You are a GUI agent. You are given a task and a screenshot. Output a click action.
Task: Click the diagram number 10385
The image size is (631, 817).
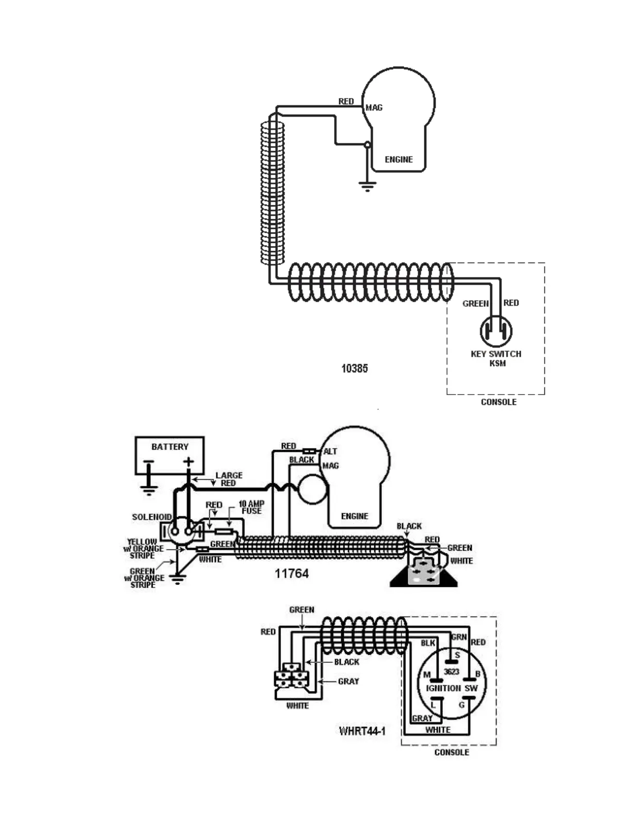(x=354, y=368)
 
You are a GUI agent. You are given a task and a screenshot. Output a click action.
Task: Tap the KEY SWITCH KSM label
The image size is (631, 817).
(x=496, y=358)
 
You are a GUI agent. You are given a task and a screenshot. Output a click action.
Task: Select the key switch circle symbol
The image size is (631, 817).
(x=496, y=331)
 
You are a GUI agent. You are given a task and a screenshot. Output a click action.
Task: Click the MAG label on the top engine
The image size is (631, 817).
(x=374, y=108)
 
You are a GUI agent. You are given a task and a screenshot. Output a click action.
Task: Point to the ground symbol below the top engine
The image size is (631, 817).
(x=367, y=186)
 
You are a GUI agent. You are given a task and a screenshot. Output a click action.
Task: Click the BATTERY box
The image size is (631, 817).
(x=170, y=455)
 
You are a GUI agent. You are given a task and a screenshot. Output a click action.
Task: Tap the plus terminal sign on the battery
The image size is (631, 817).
(x=189, y=462)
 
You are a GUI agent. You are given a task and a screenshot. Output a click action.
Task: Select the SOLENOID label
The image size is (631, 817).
(x=152, y=517)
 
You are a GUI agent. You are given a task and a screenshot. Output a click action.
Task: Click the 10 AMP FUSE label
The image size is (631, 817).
(x=251, y=507)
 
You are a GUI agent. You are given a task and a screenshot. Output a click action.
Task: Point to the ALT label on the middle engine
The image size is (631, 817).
(x=330, y=451)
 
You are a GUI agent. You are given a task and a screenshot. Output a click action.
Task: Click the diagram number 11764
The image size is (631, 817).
(x=291, y=574)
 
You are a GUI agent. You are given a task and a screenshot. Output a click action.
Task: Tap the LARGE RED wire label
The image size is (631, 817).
(x=228, y=479)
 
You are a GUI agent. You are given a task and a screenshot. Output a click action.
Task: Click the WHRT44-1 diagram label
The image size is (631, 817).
(x=362, y=731)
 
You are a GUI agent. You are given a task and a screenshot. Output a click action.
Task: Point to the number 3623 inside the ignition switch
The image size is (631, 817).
(x=452, y=672)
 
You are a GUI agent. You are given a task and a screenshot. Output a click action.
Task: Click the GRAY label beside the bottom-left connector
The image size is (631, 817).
(x=348, y=681)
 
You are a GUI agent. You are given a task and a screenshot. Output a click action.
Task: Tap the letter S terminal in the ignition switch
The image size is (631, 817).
(x=457, y=655)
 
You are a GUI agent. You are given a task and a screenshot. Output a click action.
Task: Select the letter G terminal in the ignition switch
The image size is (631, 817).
(x=462, y=705)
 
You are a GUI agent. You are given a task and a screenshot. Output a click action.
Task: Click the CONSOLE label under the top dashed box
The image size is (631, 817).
(x=498, y=402)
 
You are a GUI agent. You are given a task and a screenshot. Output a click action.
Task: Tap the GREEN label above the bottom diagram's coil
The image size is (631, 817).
(x=302, y=610)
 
